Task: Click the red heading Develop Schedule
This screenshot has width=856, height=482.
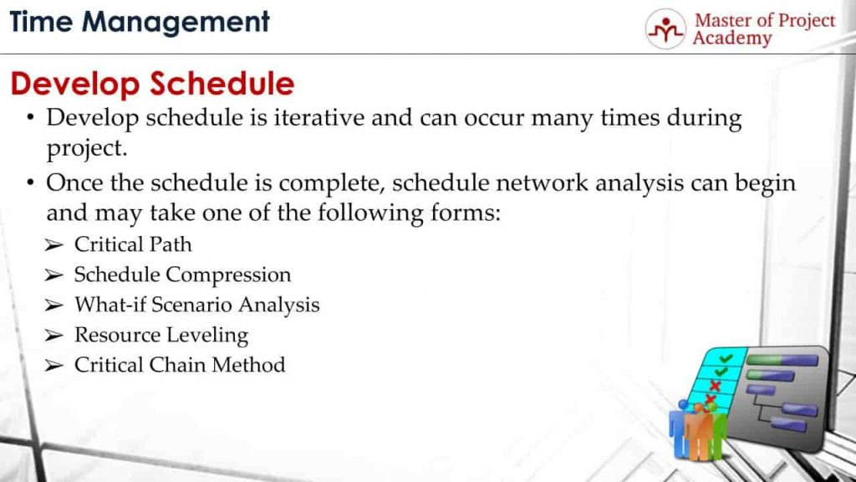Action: pos(152,84)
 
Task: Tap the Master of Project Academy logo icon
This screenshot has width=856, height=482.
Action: pos(665,29)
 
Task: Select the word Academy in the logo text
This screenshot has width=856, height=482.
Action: pos(731,38)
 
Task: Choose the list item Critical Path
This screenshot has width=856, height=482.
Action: pos(133,244)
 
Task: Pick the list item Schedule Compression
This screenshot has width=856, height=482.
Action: pos(182,274)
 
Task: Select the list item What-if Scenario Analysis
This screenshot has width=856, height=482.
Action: pos(196,305)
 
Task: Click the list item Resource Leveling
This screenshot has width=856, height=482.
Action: pos(161,335)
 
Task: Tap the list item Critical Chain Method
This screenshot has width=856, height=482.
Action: pos(180,365)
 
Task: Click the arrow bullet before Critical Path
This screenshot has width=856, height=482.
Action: pos(54,245)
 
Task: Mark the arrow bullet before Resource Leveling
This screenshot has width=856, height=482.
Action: pos(54,336)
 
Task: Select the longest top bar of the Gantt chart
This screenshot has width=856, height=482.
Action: pos(782,361)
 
